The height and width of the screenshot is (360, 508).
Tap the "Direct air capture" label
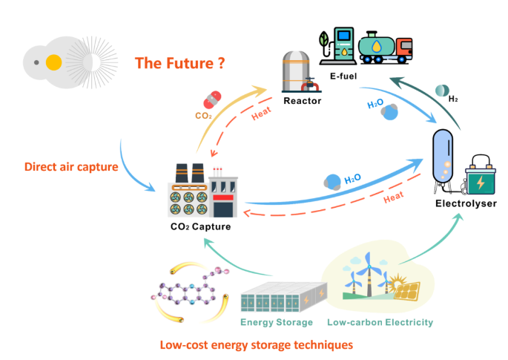coord(71,166)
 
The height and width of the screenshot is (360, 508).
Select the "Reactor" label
coord(303,101)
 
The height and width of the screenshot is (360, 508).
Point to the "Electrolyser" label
coord(466,203)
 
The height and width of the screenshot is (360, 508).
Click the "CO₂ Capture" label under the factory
coord(200,226)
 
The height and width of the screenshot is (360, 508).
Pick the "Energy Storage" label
coord(276,322)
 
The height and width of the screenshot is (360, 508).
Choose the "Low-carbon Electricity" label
coord(380,322)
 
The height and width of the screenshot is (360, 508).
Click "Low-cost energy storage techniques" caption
coord(256,344)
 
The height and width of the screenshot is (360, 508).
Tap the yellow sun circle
coord(53,63)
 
